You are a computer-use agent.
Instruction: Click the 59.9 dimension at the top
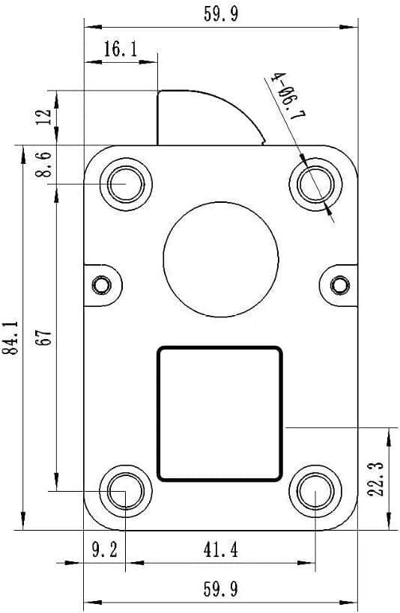(221, 15)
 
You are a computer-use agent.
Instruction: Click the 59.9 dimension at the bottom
(221, 590)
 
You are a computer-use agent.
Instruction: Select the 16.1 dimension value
(120, 50)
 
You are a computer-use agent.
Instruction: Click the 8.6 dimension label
(46, 165)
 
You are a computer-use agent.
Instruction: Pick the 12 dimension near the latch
(46, 117)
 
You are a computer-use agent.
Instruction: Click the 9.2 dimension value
(104, 551)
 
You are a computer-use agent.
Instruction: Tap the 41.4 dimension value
(220, 551)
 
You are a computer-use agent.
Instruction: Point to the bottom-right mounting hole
(315, 492)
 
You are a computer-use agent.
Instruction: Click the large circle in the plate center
(221, 258)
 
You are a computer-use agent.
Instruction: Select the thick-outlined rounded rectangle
(219, 413)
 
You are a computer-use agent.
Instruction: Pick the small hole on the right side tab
(339, 285)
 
